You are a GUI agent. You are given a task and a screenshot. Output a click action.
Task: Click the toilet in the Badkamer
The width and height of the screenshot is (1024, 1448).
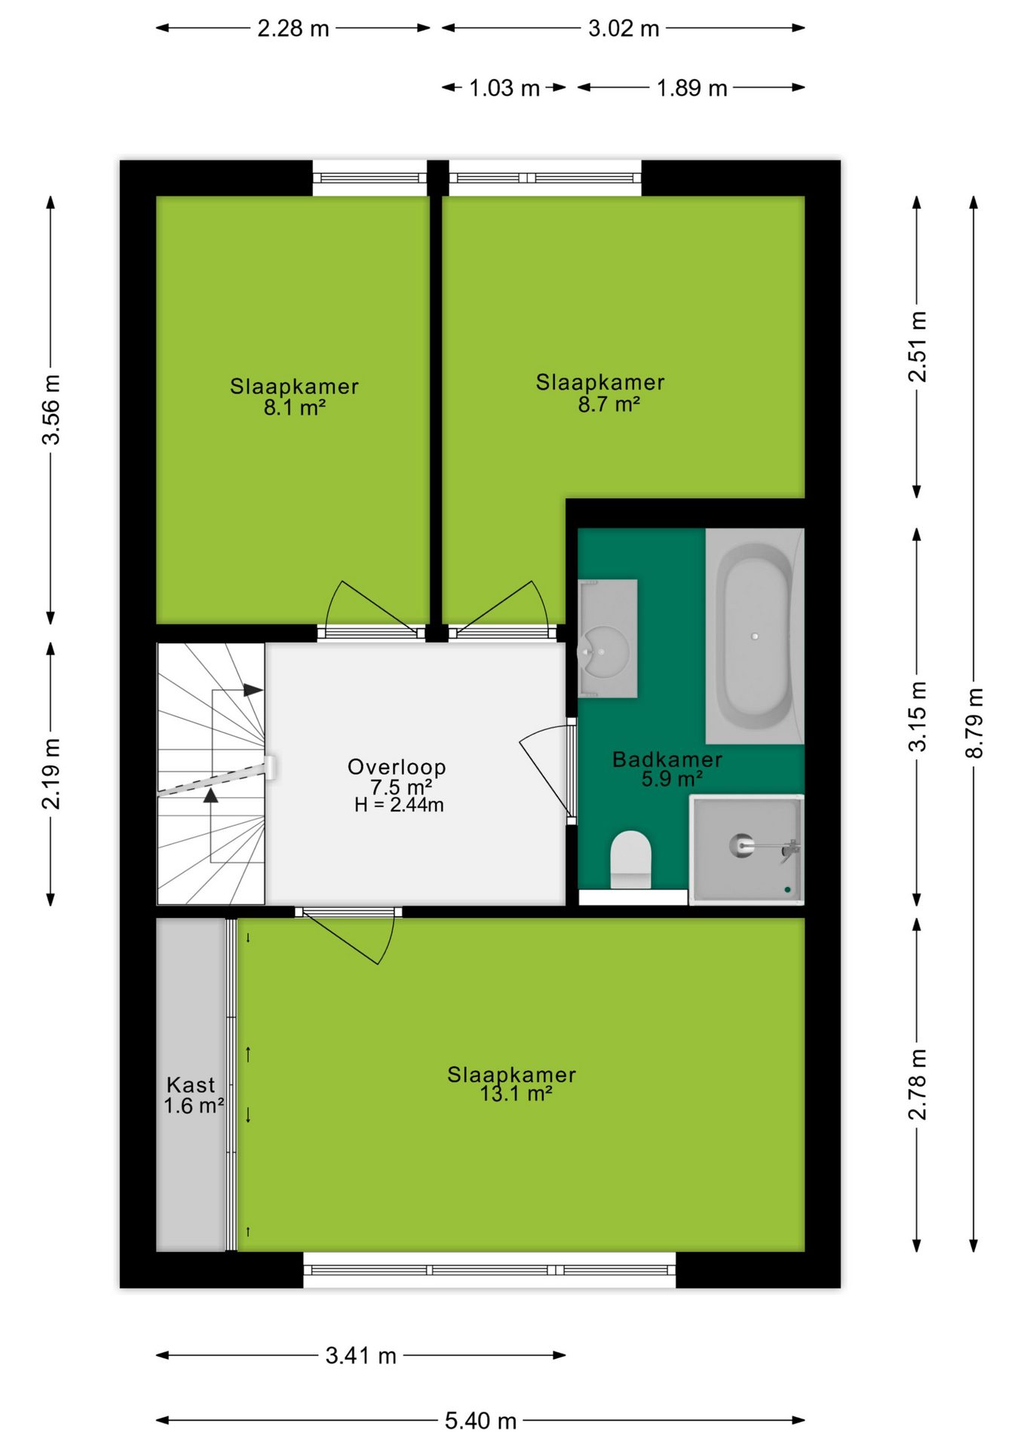[630, 859]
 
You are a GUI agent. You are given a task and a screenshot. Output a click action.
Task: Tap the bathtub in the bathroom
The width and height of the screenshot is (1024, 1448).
[754, 636]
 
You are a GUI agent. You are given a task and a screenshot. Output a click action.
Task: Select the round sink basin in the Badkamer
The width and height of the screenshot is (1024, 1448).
[604, 651]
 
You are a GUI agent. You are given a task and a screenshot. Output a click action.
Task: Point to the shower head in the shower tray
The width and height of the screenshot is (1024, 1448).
[742, 845]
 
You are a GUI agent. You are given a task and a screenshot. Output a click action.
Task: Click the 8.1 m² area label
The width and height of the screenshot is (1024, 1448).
[294, 408]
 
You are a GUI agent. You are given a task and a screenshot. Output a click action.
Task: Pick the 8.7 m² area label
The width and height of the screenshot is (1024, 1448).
[609, 404]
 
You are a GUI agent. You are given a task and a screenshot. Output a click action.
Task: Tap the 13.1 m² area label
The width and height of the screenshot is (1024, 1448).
[516, 1094]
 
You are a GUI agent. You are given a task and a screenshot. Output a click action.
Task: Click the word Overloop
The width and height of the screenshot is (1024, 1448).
[397, 768]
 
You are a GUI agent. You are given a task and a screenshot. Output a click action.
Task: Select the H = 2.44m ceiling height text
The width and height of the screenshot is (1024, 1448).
[399, 805]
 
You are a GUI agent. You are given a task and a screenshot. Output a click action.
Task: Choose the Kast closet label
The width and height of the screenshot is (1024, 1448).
[191, 1084]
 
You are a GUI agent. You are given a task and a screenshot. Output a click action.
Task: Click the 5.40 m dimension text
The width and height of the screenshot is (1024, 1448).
[480, 1421]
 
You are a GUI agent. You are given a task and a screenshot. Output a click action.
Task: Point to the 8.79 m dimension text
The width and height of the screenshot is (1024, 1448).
[974, 722]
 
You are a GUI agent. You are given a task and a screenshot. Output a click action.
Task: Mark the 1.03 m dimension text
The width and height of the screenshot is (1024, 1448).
[504, 88]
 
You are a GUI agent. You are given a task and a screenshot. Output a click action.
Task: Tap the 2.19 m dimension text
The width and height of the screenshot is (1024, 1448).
[51, 774]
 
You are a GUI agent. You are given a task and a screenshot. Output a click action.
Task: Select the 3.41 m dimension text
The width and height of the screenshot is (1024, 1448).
[360, 1355]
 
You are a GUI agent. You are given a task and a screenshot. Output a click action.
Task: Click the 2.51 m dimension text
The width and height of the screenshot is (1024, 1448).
[917, 346]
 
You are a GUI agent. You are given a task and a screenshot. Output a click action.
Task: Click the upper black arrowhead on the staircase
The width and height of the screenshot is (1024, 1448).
[253, 690]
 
